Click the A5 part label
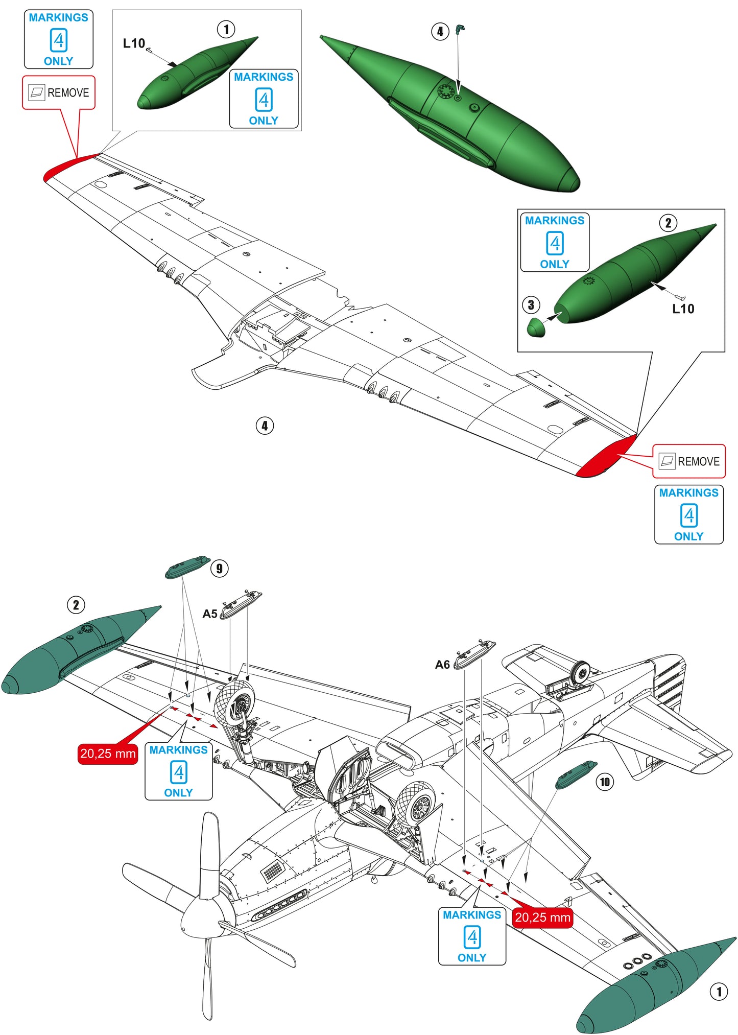[x=210, y=614]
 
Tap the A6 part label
[x=442, y=664]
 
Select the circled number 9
[x=219, y=568]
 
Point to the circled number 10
[x=605, y=782]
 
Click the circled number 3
[x=531, y=305]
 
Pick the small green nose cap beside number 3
[x=536, y=327]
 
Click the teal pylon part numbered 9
[x=187, y=567]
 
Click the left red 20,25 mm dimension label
[x=108, y=754]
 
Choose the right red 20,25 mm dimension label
[x=542, y=918]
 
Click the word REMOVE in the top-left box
[x=68, y=92]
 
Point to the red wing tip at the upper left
[x=66, y=167]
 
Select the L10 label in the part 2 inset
[x=683, y=309]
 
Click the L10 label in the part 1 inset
[x=134, y=43]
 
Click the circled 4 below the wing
[x=265, y=426]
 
